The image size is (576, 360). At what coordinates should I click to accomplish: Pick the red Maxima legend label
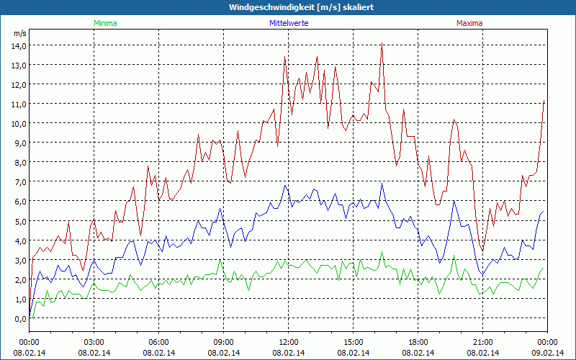click(469, 23)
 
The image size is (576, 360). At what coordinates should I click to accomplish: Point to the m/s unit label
click(19, 33)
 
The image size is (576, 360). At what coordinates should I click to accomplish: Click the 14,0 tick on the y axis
click(18, 45)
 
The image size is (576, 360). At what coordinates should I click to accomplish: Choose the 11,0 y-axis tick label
click(18, 104)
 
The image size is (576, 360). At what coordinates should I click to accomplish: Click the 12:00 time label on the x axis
click(289, 341)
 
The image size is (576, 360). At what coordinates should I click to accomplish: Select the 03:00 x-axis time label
click(94, 341)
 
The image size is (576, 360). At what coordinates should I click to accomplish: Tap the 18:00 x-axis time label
click(418, 341)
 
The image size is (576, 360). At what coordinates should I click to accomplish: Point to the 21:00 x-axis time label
click(483, 341)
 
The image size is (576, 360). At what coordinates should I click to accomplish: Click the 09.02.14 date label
click(548, 353)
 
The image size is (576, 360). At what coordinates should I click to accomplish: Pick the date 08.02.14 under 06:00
click(159, 353)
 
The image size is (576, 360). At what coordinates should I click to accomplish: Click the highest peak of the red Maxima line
click(382, 43)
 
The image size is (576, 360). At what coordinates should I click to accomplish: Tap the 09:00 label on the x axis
click(224, 341)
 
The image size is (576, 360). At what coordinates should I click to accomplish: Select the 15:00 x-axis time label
click(354, 341)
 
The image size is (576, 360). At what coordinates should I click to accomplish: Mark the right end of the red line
click(544, 101)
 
